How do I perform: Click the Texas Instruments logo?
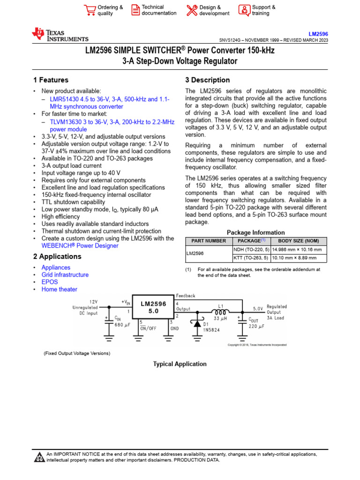click(59, 35)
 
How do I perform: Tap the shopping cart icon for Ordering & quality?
click(89, 10)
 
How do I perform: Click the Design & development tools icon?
click(192, 10)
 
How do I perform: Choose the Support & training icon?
click(244, 10)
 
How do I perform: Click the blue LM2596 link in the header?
click(318, 34)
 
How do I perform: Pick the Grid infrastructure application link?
click(65, 275)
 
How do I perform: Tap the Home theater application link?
click(59, 289)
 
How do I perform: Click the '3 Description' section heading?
click(208, 80)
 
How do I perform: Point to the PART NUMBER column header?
click(209, 240)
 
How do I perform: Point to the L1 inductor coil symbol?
click(220, 312)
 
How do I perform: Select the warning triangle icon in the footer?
click(39, 457)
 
